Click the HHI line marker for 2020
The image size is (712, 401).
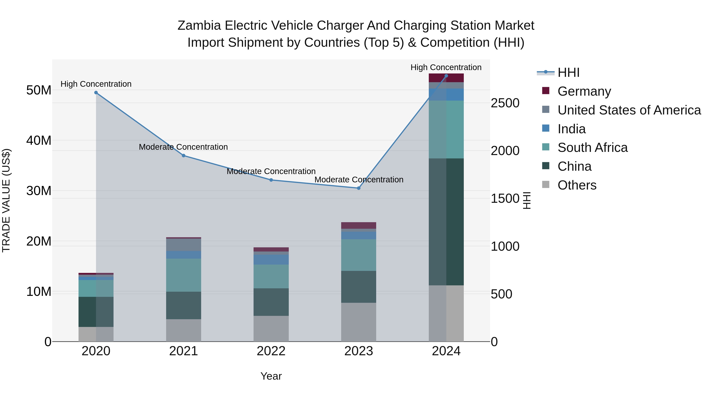tap(96, 93)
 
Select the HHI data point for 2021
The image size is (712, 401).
tap(184, 155)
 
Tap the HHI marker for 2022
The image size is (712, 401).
tap(271, 180)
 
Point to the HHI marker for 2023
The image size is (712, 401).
tap(359, 188)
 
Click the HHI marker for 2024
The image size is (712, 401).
tap(446, 76)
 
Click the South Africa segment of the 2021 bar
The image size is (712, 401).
tap(184, 275)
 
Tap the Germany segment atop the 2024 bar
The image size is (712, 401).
tap(446, 78)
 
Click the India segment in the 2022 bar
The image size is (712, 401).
tap(271, 259)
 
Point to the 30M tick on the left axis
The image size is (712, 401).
tap(39, 191)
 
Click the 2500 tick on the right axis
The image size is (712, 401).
tap(505, 103)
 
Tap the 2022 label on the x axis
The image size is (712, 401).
tap(271, 351)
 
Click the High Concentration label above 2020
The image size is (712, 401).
tap(96, 84)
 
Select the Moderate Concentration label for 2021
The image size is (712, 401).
tap(183, 147)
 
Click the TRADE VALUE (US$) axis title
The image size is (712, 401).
tap(6, 200)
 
